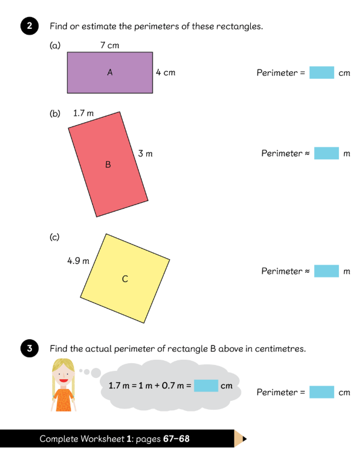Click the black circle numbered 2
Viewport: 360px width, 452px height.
coord(29,26)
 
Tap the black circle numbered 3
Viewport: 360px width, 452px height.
coord(29,348)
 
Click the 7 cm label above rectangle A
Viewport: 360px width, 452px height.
coord(109,45)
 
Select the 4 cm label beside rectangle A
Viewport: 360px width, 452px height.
coord(166,72)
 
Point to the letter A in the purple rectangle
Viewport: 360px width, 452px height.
coord(110,72)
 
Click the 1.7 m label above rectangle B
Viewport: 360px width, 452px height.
coord(83,113)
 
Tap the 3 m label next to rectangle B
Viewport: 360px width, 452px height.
coord(145,153)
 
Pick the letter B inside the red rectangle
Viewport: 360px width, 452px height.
coord(108,165)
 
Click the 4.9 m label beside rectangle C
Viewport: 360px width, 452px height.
coord(78,261)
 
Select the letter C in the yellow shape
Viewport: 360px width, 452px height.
coord(125,279)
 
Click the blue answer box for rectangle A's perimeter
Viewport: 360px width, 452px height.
coord(322,73)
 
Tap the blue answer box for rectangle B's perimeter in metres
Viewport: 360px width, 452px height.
coord(327,153)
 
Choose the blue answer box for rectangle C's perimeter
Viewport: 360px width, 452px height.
coord(327,271)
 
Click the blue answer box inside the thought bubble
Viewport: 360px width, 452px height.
coord(206,386)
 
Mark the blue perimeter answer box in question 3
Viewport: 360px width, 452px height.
coord(322,392)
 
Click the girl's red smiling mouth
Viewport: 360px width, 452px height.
coord(63,380)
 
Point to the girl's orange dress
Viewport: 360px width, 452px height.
coord(63,400)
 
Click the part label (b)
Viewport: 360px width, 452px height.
coord(55,113)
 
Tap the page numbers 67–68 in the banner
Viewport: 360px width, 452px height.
coord(176,438)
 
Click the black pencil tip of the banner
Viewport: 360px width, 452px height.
coord(244,438)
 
